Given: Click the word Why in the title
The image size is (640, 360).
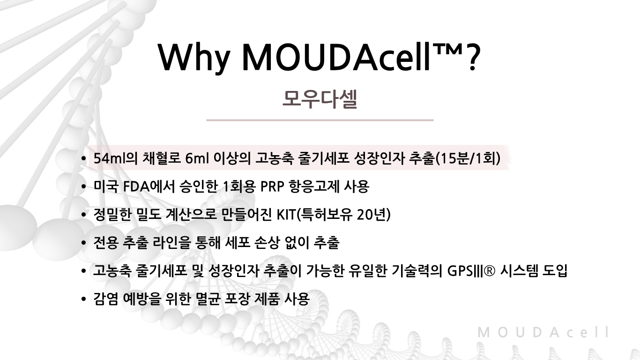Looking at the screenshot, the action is (194, 57).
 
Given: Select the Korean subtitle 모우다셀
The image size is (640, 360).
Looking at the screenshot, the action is (320, 99).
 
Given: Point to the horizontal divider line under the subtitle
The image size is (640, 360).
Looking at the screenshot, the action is (320, 120).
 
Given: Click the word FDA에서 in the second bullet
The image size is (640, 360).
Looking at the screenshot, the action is (149, 187).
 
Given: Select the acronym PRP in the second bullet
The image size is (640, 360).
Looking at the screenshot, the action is (272, 187).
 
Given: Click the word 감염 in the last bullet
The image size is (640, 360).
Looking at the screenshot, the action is (106, 299).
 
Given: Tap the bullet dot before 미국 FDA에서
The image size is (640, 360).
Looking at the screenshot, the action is (83, 187).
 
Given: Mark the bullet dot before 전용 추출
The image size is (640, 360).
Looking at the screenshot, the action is (83, 243).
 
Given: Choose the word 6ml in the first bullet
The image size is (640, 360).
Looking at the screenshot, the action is (197, 158).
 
